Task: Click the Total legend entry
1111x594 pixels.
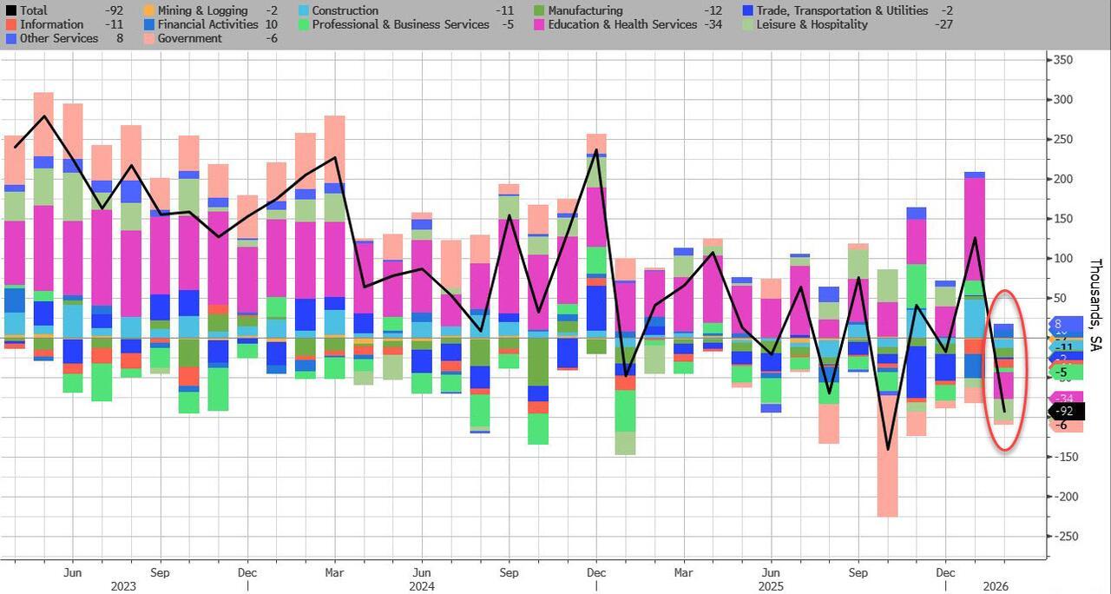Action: point(33,10)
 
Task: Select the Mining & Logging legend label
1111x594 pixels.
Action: point(202,10)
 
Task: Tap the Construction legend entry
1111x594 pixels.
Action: point(345,10)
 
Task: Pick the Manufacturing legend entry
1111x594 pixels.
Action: point(585,10)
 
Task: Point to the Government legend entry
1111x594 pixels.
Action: point(189,38)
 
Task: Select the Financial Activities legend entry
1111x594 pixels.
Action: point(207,24)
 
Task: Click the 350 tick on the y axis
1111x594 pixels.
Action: point(1063,60)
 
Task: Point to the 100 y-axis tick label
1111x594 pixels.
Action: point(1063,259)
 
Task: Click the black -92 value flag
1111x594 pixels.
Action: point(1067,412)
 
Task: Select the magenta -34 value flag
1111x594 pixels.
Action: point(1067,399)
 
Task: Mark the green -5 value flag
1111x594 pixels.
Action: point(1064,372)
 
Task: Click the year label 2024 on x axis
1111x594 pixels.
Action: point(423,586)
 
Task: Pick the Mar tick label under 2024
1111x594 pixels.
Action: point(335,573)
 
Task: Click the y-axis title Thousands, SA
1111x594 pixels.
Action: point(1095,305)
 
